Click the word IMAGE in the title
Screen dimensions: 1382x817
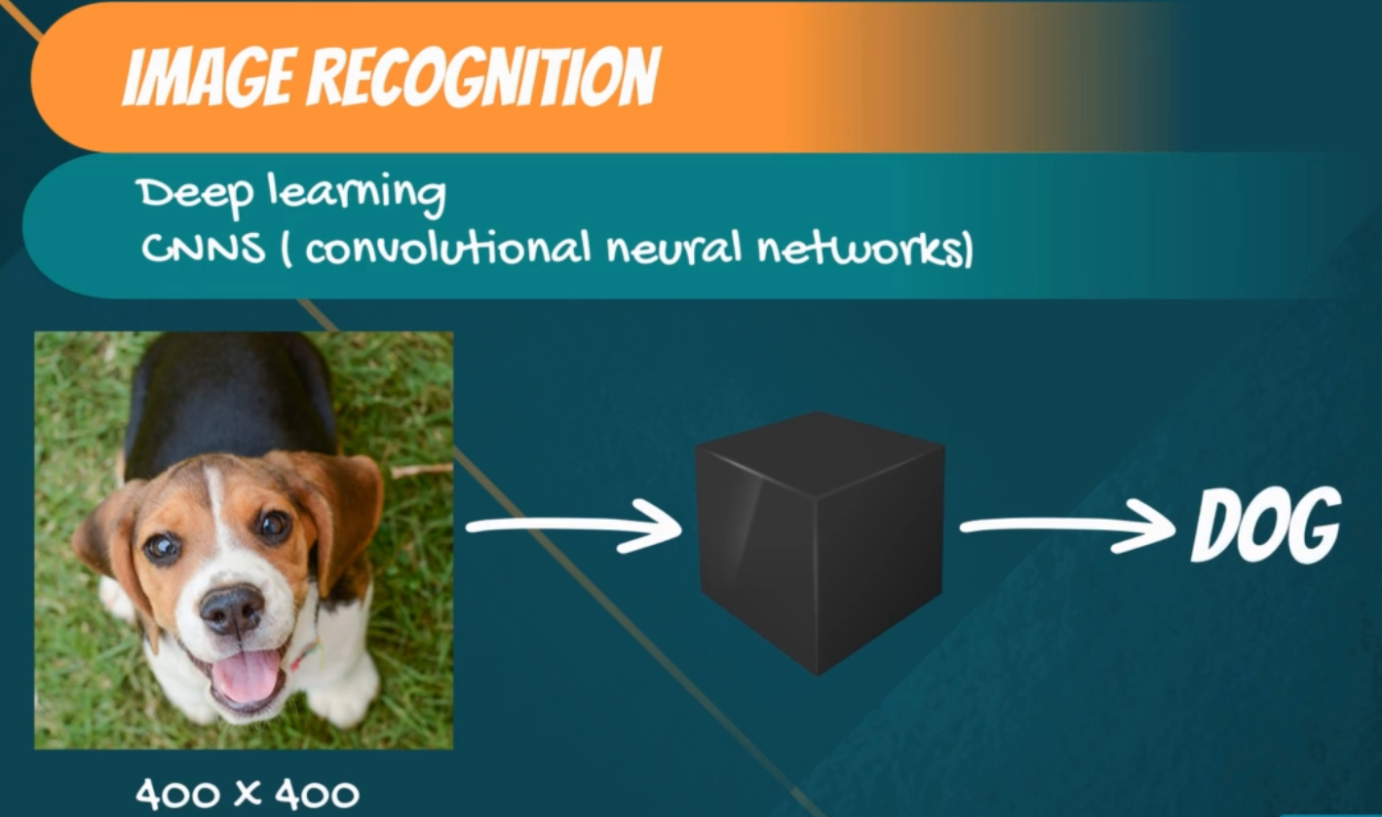(207, 78)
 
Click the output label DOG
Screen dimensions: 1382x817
(1266, 525)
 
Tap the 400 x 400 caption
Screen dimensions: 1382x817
(247, 794)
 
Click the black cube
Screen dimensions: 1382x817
(820, 544)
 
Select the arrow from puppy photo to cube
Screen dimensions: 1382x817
(574, 525)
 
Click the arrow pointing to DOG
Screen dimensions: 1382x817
(1068, 525)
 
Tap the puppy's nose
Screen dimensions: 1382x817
(233, 609)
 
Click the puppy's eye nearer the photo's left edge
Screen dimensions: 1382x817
(163, 547)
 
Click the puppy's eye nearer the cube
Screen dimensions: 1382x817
(273, 525)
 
